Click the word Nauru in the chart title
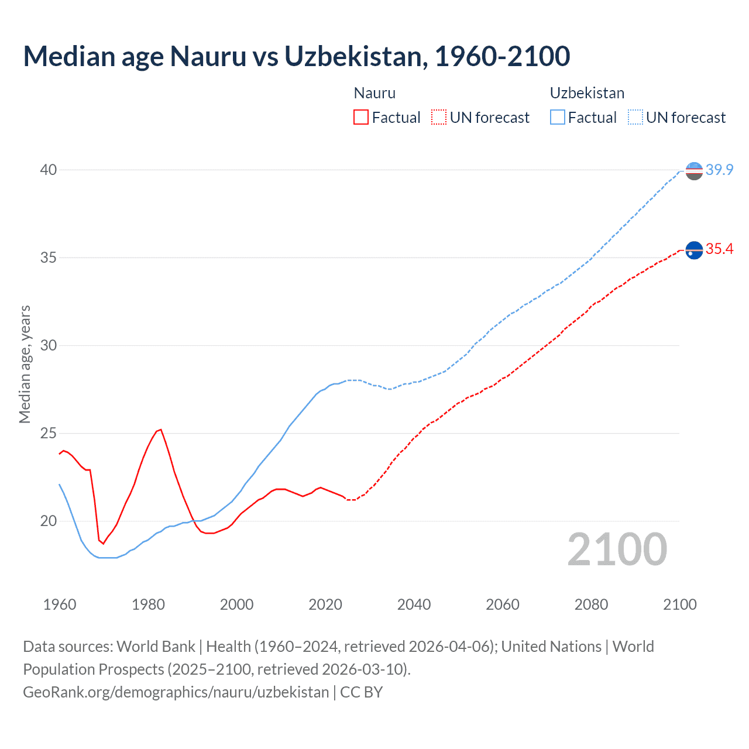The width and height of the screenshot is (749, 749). click(208, 56)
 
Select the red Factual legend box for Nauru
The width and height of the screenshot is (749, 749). click(361, 118)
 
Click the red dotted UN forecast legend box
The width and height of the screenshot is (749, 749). click(439, 118)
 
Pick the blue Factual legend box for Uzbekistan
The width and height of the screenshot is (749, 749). click(558, 118)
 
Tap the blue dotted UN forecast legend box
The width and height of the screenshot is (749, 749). click(635, 118)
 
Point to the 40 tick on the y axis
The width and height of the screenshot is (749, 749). click(48, 170)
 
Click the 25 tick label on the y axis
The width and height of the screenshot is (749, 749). click(48, 434)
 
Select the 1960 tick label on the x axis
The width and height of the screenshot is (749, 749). click(60, 604)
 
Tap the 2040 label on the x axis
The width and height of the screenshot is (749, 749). click(414, 604)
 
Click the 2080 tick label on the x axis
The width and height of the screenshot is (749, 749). click(591, 604)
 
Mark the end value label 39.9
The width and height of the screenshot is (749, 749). click(719, 170)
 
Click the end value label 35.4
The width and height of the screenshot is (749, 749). click(719, 249)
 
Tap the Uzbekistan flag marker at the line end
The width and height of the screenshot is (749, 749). click(694, 171)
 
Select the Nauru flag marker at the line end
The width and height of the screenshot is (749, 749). click(694, 250)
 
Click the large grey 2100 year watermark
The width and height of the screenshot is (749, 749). click(617, 549)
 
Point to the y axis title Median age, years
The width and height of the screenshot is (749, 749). click(25, 364)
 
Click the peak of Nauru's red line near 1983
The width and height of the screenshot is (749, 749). click(161, 430)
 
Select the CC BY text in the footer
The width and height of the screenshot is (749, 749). click(361, 692)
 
